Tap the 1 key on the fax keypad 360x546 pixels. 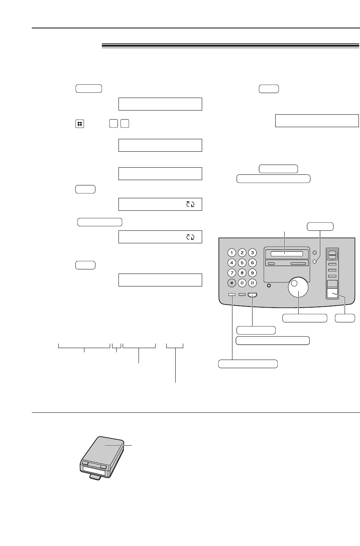coord(232,253)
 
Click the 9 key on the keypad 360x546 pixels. coord(252,273)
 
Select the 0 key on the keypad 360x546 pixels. coord(242,283)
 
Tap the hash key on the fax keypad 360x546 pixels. coord(252,283)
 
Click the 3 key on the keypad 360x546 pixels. coord(252,253)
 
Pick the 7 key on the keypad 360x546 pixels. coord(232,273)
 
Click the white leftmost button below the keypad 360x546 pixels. coord(232,295)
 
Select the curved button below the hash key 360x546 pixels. coord(252,295)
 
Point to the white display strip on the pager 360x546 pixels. coord(93,470)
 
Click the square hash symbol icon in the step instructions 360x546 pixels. coord(79,124)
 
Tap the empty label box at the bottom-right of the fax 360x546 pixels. coord(345,318)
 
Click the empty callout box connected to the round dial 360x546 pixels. coord(305,318)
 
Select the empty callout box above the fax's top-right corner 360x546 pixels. coord(320,227)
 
